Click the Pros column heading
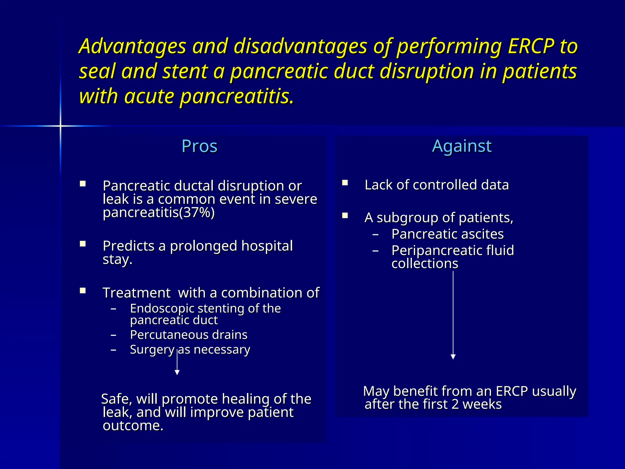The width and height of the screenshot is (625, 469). click(x=199, y=146)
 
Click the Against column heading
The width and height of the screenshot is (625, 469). click(x=462, y=146)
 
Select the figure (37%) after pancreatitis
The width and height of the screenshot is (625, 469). click(x=197, y=213)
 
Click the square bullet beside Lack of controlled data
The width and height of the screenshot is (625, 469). click(x=345, y=183)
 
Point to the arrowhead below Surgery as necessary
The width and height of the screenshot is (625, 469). click(x=177, y=372)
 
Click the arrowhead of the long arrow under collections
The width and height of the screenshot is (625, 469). click(x=453, y=357)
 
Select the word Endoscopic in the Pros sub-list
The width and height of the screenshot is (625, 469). click(x=162, y=308)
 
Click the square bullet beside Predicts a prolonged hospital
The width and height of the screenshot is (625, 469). click(x=82, y=244)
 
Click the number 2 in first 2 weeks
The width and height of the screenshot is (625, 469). click(x=455, y=404)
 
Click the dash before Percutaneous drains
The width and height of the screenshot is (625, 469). click(x=114, y=335)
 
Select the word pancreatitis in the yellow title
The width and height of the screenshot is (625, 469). click(x=237, y=96)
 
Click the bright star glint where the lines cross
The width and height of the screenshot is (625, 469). click(x=60, y=126)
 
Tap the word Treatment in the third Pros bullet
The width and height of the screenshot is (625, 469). click(x=136, y=293)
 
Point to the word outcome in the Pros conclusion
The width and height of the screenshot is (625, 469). click(x=133, y=426)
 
